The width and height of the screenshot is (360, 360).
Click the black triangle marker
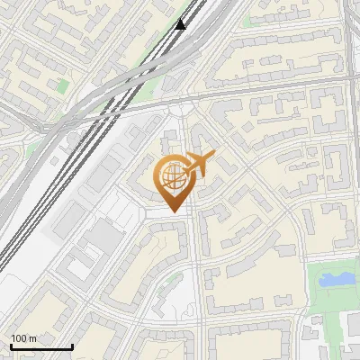point(181,23)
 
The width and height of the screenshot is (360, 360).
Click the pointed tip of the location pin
point(172,211)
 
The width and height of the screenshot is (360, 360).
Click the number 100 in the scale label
point(18,338)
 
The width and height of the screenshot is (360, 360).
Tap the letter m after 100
point(32,338)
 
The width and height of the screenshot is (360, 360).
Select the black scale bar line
point(41,347)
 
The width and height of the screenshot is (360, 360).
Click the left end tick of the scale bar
point(11,346)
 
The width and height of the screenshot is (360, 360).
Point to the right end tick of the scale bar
point(72,346)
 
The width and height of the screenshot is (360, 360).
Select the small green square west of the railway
point(62,86)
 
